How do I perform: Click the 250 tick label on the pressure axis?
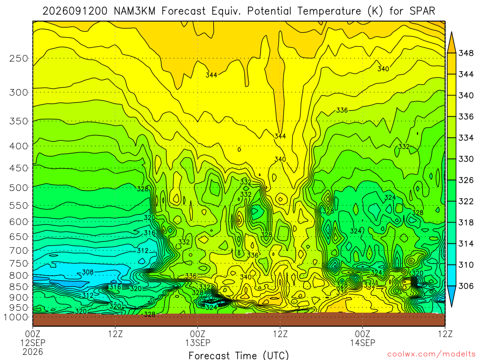19,58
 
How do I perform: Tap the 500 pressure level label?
19,187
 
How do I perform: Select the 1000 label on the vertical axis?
16,317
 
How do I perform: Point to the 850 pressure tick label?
19,287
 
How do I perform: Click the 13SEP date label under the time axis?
198,343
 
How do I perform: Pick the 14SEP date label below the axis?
363,343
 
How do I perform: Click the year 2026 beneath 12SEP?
33,352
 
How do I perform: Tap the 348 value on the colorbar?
465,53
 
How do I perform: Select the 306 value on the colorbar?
465,286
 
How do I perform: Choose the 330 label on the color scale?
465,159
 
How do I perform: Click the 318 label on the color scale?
465,223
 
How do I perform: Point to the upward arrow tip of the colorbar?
451,32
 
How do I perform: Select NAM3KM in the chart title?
135,11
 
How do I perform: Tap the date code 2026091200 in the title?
75,11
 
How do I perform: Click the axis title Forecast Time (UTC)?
239,355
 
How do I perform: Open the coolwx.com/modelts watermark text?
431,354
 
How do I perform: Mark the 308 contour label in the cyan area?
88,272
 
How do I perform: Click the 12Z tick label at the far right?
445,334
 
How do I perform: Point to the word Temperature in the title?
329,11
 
